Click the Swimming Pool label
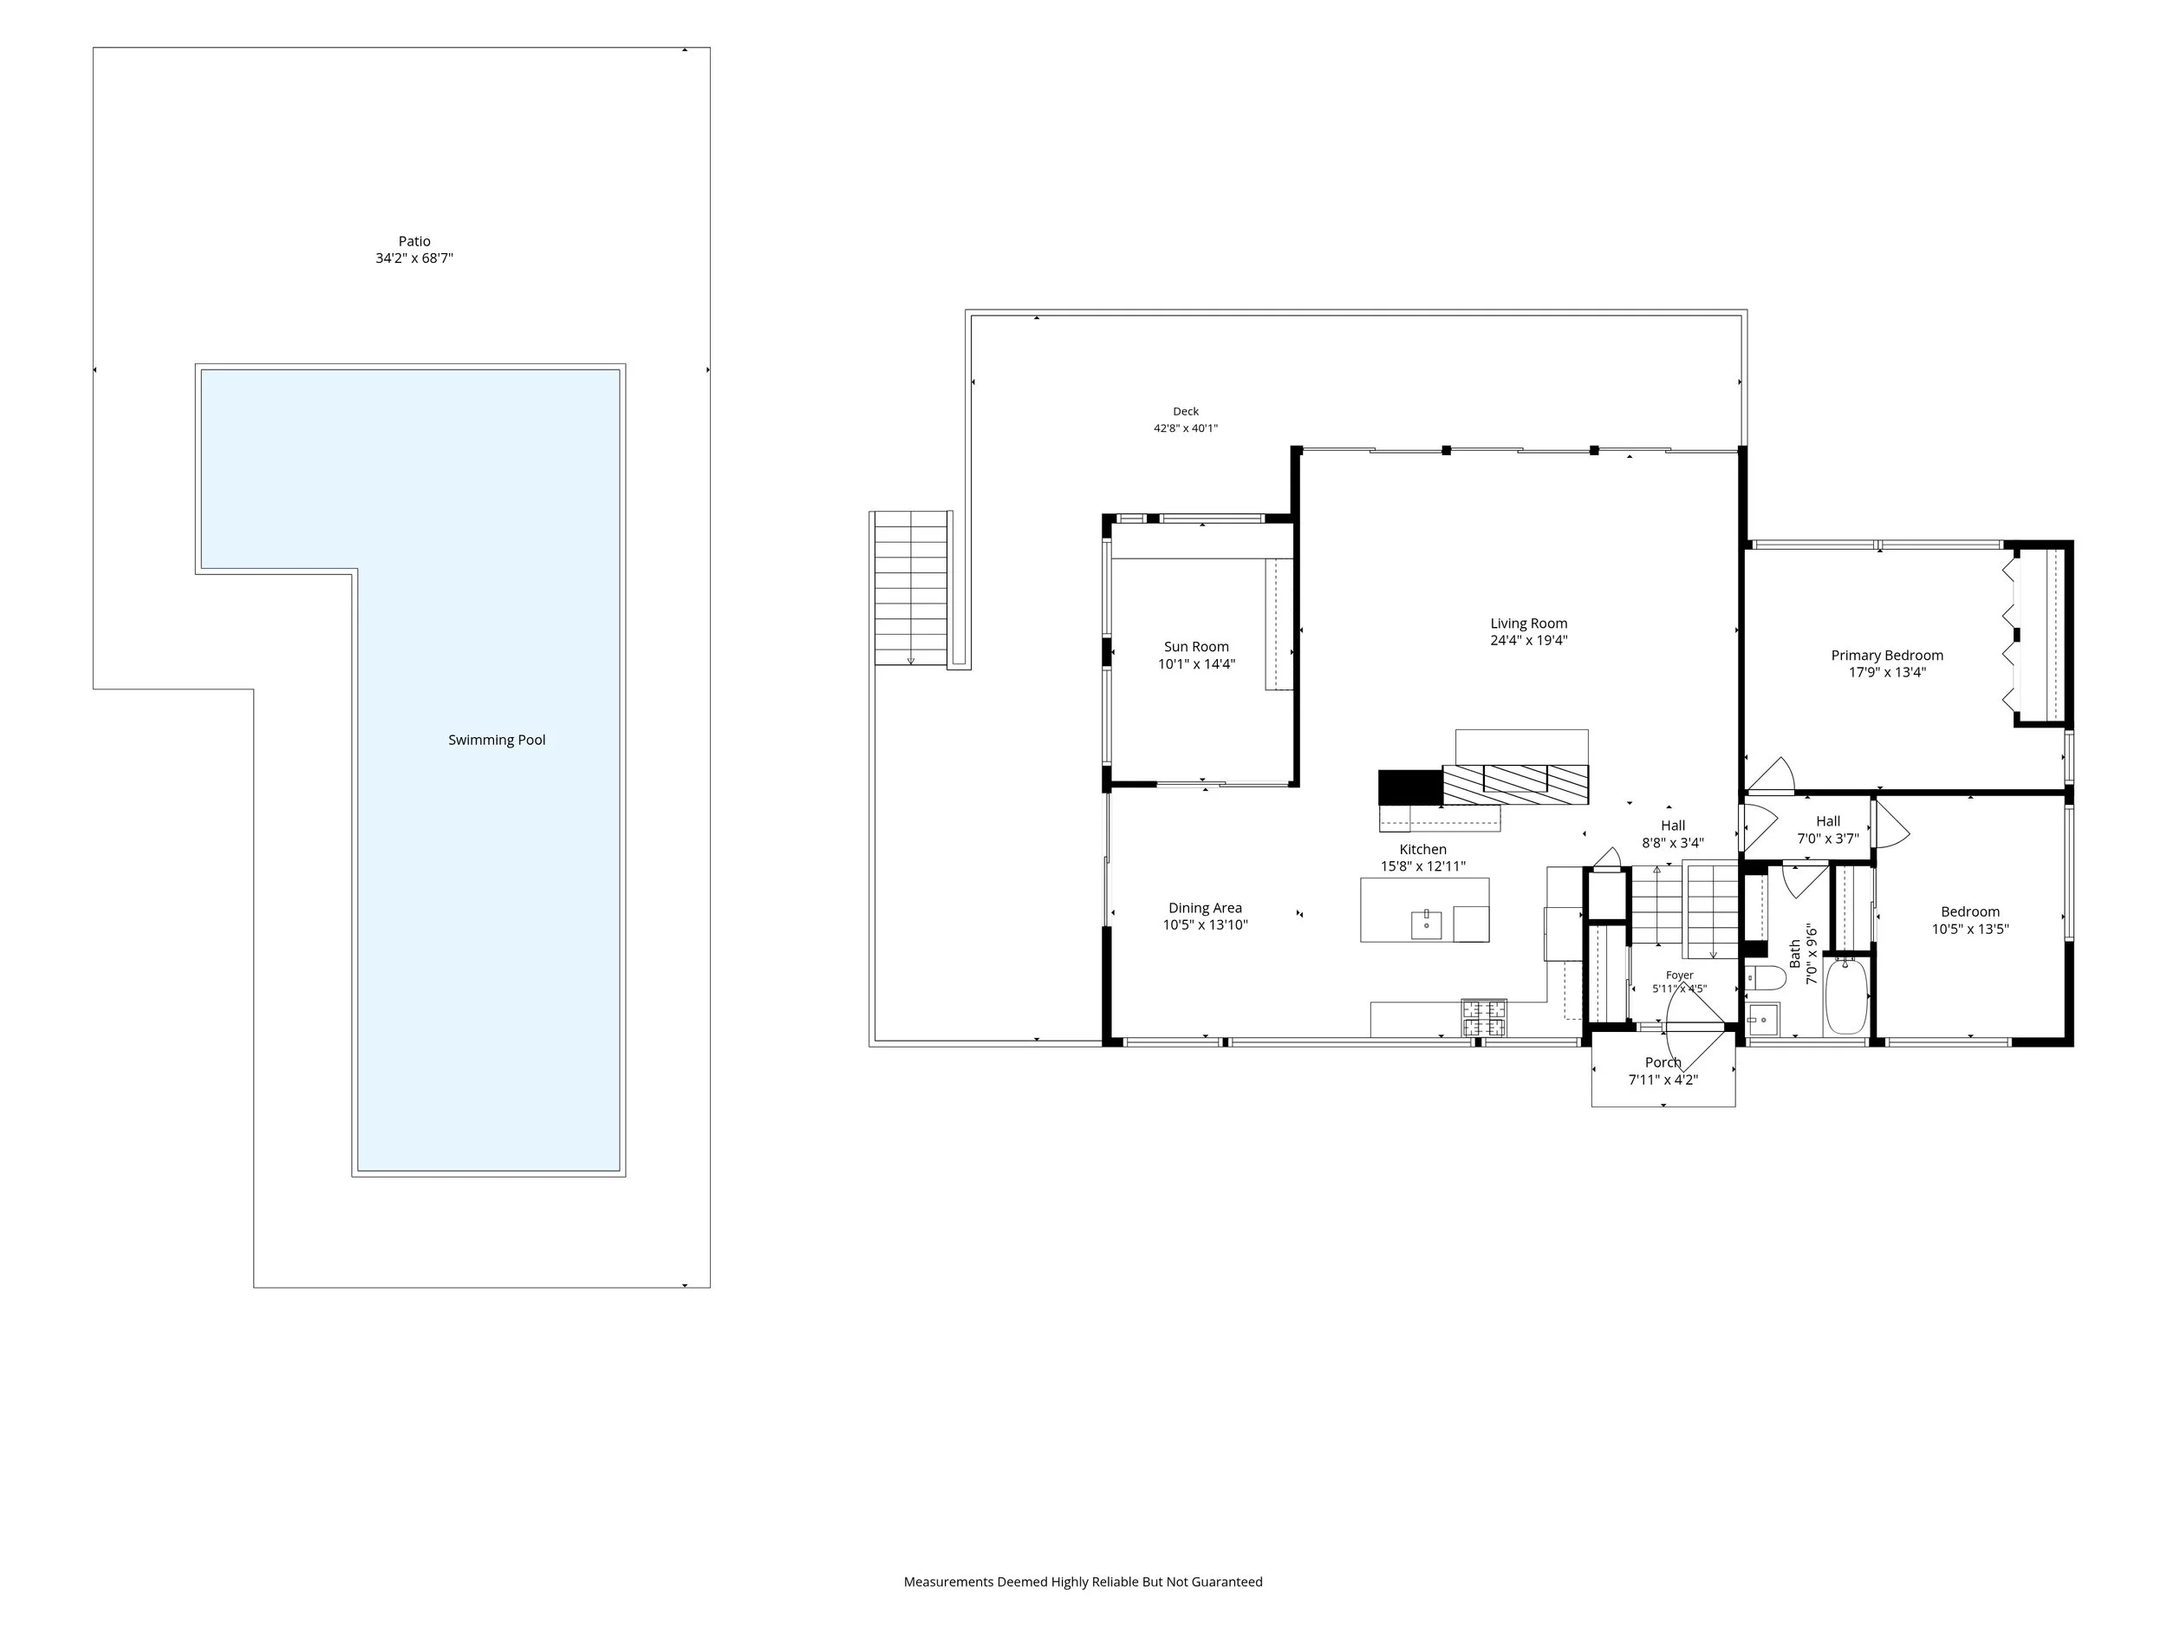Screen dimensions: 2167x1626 pos(497,740)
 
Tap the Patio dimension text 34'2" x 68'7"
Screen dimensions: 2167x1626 pos(414,258)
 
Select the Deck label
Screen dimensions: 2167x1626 pos(1186,412)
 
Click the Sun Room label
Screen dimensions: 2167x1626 pos(1196,647)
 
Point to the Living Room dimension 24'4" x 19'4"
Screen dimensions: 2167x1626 pos(1528,641)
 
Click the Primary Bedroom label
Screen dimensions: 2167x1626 pos(1887,656)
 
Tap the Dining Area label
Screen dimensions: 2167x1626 pos(1205,909)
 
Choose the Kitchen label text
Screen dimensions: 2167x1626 pos(1422,850)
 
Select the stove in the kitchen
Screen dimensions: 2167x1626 pos(1484,1018)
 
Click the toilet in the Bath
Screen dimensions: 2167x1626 pos(1766,978)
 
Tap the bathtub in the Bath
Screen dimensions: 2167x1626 pos(1846,996)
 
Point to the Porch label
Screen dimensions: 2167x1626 pos(1663,1062)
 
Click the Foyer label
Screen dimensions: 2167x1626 pos(1679,976)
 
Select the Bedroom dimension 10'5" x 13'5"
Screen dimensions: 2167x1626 pos(1970,929)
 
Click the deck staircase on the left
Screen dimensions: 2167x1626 pos(912,588)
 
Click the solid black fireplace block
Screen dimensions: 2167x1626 pos(1410,788)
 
